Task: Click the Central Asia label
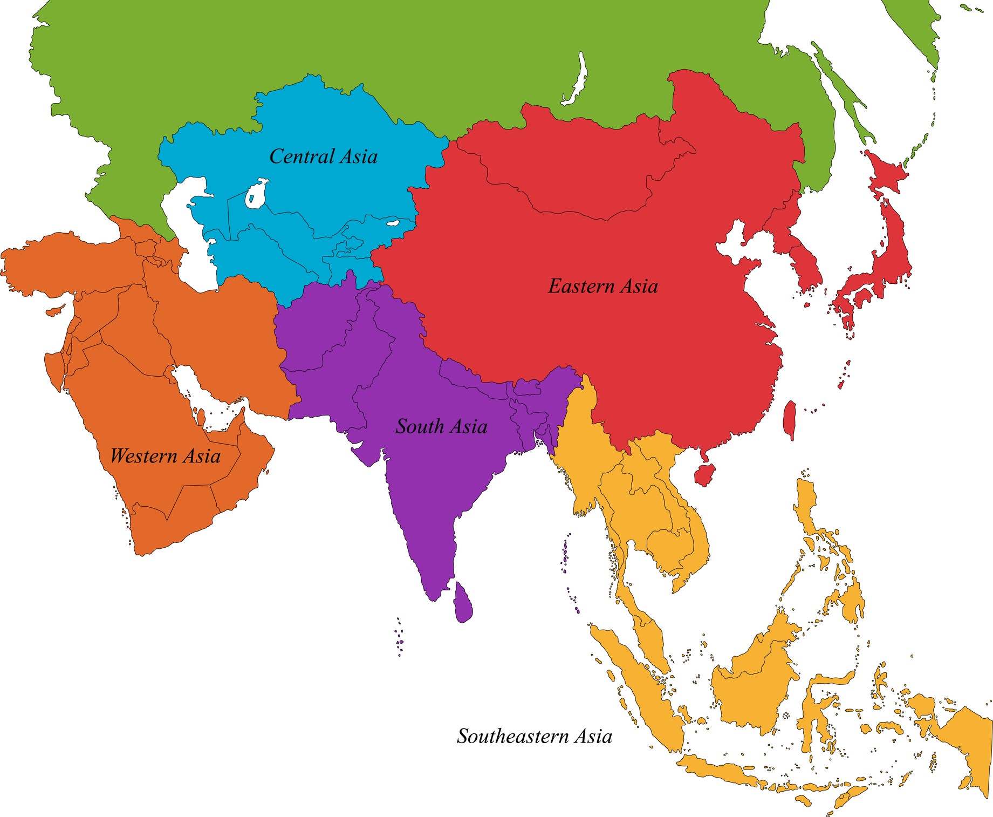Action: click(323, 156)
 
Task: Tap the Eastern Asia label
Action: click(602, 286)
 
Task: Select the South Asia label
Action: click(441, 426)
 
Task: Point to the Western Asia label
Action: click(165, 456)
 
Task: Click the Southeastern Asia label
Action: click(534, 736)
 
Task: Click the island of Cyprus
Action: click(54, 311)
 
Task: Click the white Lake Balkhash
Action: click(393, 222)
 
